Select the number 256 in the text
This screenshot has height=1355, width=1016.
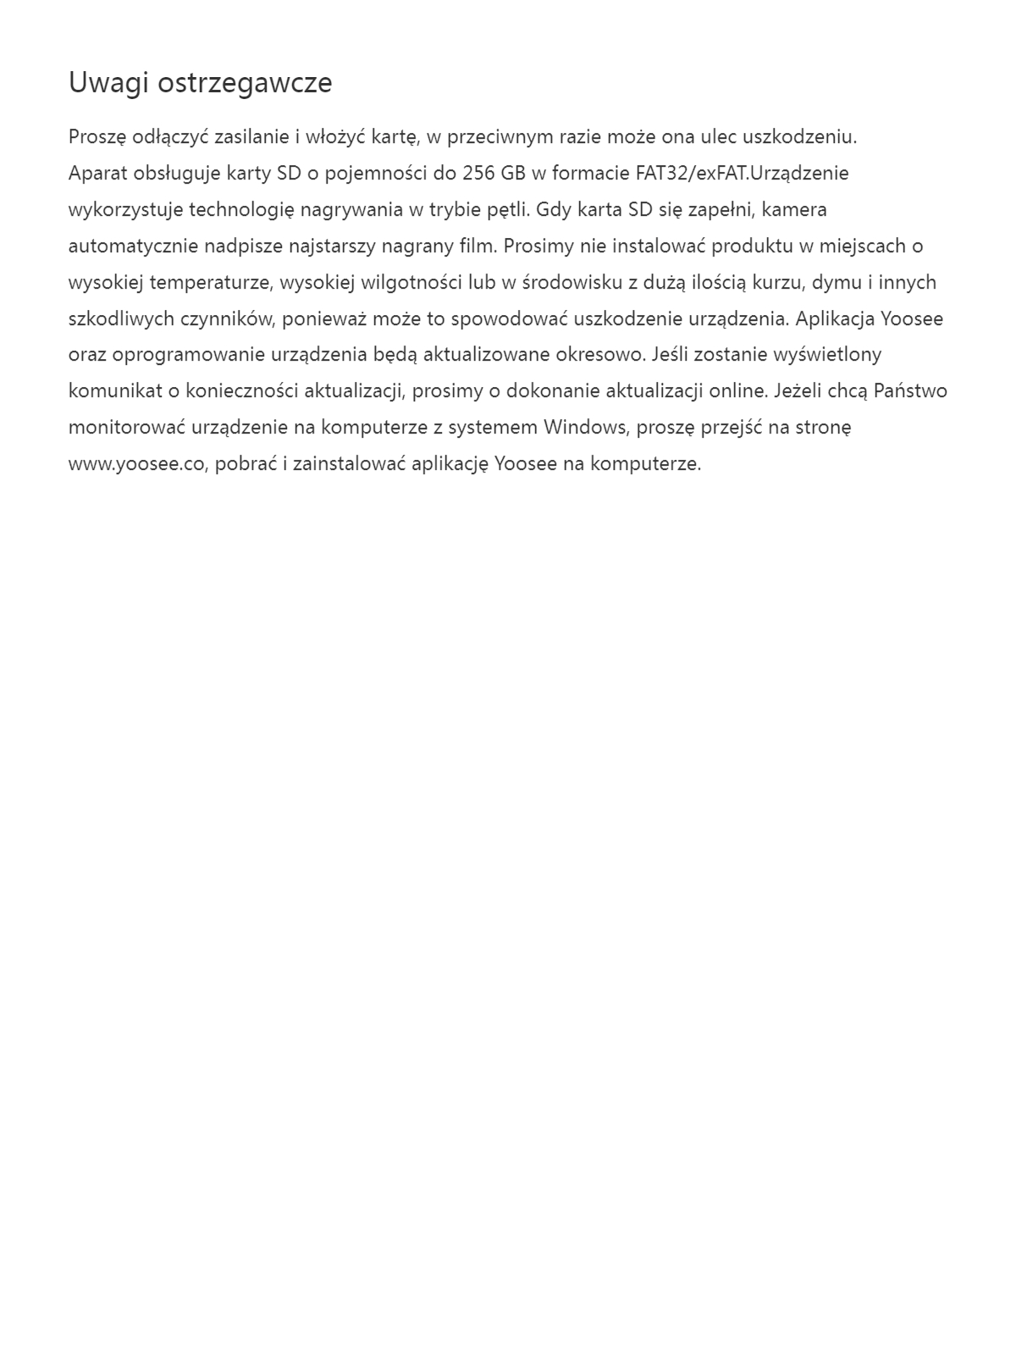(479, 174)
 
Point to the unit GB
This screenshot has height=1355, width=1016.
(513, 174)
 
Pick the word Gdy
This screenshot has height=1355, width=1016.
(554, 209)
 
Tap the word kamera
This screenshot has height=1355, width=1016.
(794, 209)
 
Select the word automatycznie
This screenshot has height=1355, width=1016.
(133, 246)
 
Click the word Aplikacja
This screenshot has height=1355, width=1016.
(836, 318)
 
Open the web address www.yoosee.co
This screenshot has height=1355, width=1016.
(137, 464)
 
